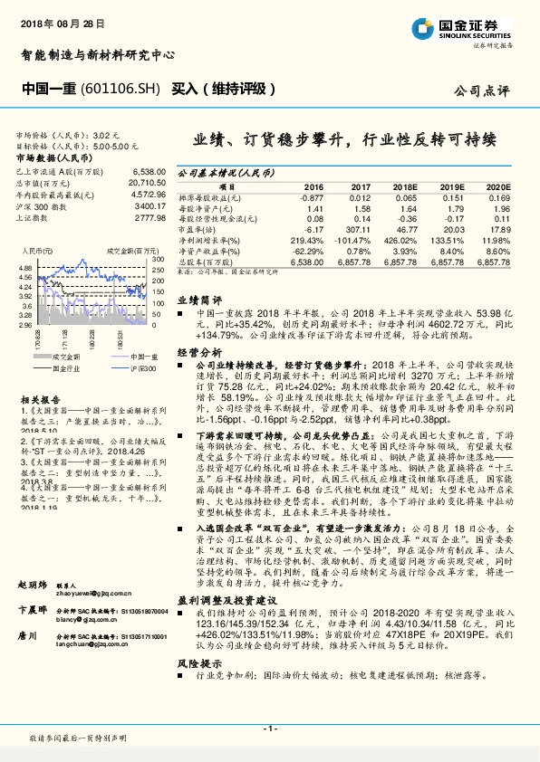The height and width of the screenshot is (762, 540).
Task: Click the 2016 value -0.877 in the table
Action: pos(311,196)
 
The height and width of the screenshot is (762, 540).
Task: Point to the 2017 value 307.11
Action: pos(358,229)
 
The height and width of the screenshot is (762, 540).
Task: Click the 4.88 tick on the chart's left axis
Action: pos(24,269)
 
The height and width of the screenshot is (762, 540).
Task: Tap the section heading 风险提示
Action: pos(198,663)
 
